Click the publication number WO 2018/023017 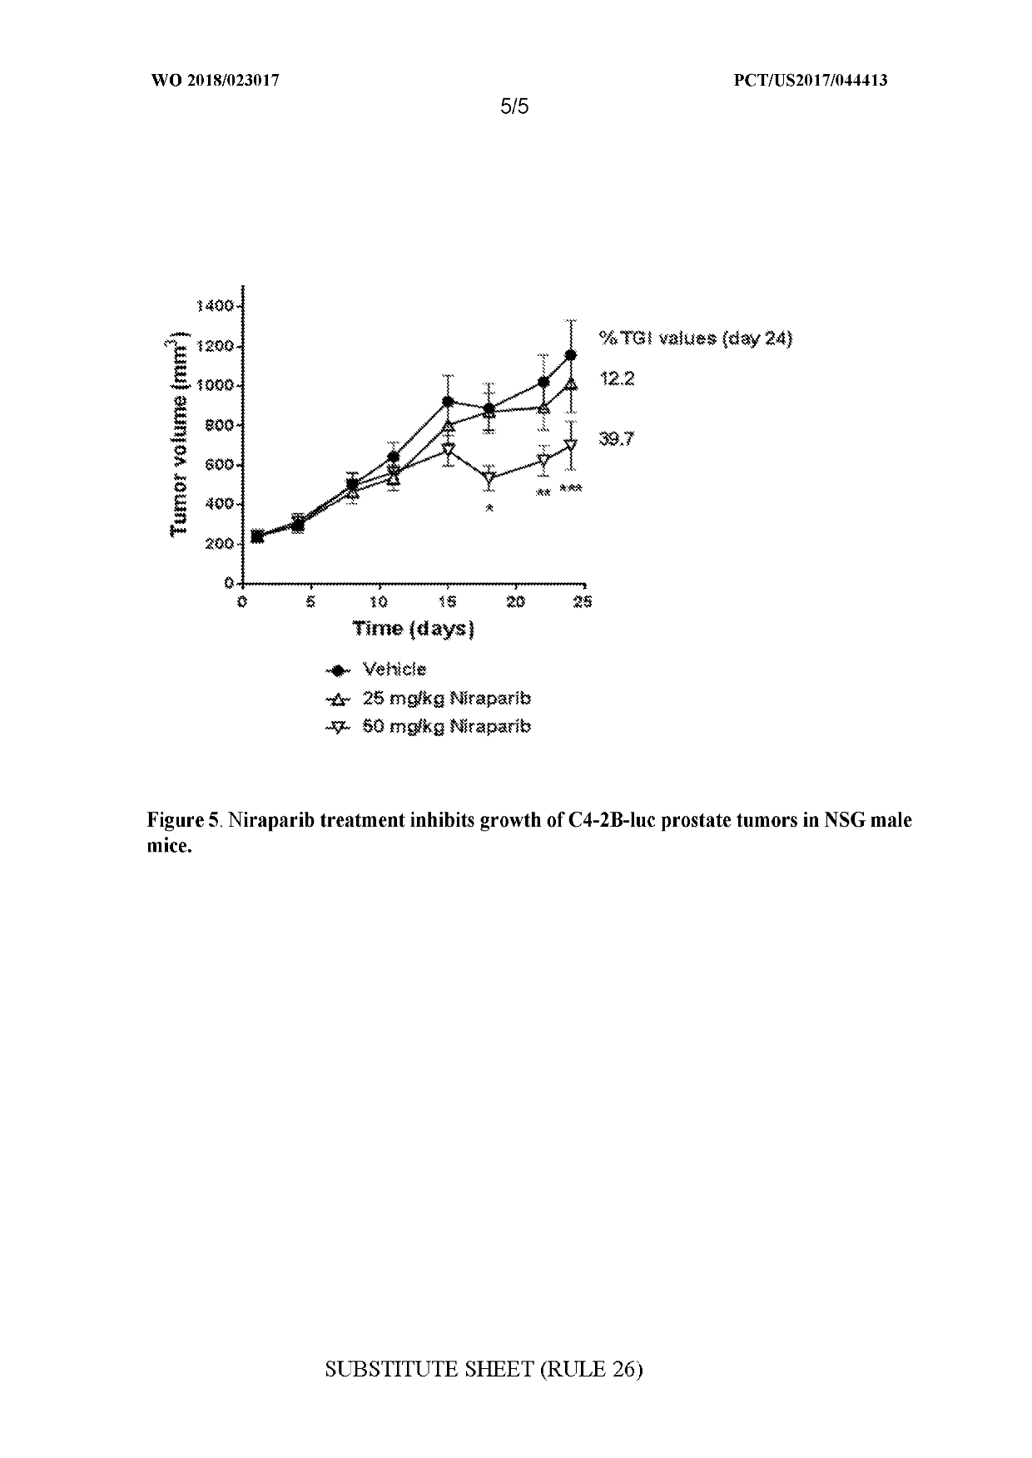pyautogui.click(x=215, y=81)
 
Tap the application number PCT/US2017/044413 pyautogui.click(x=811, y=81)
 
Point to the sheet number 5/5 pyautogui.click(x=515, y=106)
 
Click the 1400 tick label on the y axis pyautogui.click(x=214, y=306)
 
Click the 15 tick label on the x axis pyautogui.click(x=448, y=602)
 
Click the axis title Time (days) pyautogui.click(x=413, y=628)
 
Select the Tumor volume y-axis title pyautogui.click(x=177, y=437)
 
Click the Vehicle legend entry pyautogui.click(x=394, y=670)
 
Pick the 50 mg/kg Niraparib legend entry pyautogui.click(x=446, y=726)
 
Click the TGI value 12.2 pyautogui.click(x=617, y=379)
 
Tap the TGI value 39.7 pyautogui.click(x=617, y=439)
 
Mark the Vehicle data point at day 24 pyautogui.click(x=571, y=355)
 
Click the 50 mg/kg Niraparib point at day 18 pyautogui.click(x=489, y=478)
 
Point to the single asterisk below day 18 pyautogui.click(x=489, y=508)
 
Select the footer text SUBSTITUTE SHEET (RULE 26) pyautogui.click(x=484, y=1369)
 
